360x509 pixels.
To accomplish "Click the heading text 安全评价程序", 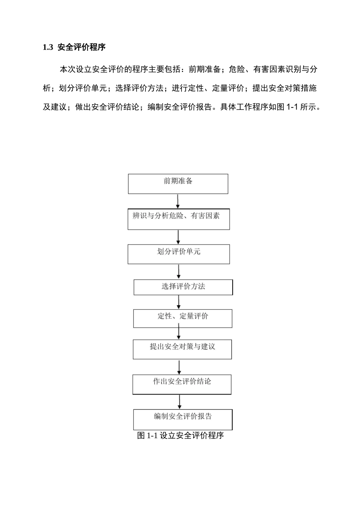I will (x=81, y=47).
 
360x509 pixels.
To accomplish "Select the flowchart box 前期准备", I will (x=178, y=184).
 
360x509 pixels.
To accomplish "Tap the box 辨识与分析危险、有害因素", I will (x=178, y=219).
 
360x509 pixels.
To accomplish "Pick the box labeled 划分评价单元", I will (x=178, y=254).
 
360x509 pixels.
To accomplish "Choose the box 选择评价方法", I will (x=183, y=287).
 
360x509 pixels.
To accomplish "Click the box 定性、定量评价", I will (x=183, y=319).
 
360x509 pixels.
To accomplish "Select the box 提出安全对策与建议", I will (x=182, y=349).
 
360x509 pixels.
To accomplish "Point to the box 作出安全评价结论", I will (x=182, y=384).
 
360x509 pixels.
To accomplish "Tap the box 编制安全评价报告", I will (x=183, y=419).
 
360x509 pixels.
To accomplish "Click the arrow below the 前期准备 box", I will (x=178, y=201).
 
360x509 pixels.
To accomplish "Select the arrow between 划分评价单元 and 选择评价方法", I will (x=178, y=272).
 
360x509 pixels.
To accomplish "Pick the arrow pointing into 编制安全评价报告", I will (x=180, y=401).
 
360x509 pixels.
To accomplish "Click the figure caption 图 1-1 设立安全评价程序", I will (x=180, y=436).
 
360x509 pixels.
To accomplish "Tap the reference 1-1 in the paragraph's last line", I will (x=292, y=107).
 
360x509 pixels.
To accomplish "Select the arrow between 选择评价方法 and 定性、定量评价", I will (x=179, y=302).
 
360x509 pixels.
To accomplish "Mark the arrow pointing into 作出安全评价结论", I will (x=179, y=367).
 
